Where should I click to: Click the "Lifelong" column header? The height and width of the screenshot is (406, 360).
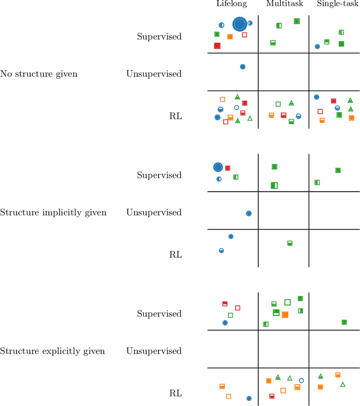pyautogui.click(x=231, y=4)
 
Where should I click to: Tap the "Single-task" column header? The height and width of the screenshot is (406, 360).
pyautogui.click(x=335, y=4)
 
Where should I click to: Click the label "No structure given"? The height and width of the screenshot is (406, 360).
pyautogui.click(x=39, y=74)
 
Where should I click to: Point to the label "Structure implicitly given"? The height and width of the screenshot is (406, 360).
pyautogui.click(x=53, y=213)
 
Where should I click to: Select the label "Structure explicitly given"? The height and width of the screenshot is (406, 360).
pyautogui.click(x=52, y=351)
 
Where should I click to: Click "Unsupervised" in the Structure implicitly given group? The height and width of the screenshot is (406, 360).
pyautogui.click(x=154, y=213)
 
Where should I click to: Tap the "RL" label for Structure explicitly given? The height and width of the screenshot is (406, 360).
pyautogui.click(x=175, y=394)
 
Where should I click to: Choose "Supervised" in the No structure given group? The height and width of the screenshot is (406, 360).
pyautogui.click(x=159, y=37)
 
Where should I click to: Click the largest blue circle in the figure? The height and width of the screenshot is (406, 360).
pyautogui.click(x=240, y=24)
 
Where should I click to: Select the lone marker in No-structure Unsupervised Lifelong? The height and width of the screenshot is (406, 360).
pyautogui.click(x=242, y=66)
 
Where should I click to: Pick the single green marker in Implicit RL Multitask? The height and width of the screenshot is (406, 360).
pyautogui.click(x=290, y=243)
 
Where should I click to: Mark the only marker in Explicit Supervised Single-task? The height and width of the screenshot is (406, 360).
pyautogui.click(x=344, y=322)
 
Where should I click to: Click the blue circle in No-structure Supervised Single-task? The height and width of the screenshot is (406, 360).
pyautogui.click(x=317, y=47)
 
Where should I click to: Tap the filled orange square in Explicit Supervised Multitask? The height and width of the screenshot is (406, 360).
pyautogui.click(x=285, y=315)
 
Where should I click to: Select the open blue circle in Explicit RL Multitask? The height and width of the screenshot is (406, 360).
pyautogui.click(x=301, y=381)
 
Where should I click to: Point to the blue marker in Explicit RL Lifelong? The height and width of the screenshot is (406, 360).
pyautogui.click(x=249, y=398)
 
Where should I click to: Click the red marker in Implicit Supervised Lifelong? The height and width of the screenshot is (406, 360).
pyautogui.click(x=228, y=168)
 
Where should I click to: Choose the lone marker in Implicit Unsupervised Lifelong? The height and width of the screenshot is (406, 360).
pyautogui.click(x=249, y=213)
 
